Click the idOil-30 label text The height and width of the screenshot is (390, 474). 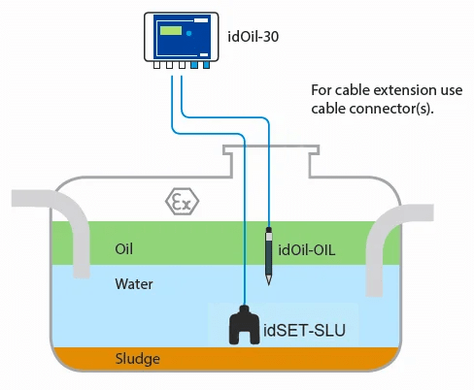tap(254, 36)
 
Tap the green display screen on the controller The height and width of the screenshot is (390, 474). tap(171, 31)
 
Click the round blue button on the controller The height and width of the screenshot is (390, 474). tap(188, 33)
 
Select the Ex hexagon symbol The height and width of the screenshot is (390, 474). tap(182, 202)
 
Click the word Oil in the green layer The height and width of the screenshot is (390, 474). tap(123, 248)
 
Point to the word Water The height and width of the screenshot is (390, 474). tap(134, 284)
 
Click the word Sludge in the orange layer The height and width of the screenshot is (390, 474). tap(138, 359)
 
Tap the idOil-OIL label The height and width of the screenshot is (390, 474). tap(307, 250)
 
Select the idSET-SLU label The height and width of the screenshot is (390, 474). tap(304, 330)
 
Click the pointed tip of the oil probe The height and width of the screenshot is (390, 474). tap(268, 284)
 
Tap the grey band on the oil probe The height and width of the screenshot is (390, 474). tap(269, 237)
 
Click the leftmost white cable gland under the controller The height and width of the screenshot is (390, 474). tap(156, 65)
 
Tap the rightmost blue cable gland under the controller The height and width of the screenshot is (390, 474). tap(206, 65)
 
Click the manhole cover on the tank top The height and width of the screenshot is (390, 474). tap(271, 149)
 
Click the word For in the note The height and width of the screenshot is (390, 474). tap(322, 90)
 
